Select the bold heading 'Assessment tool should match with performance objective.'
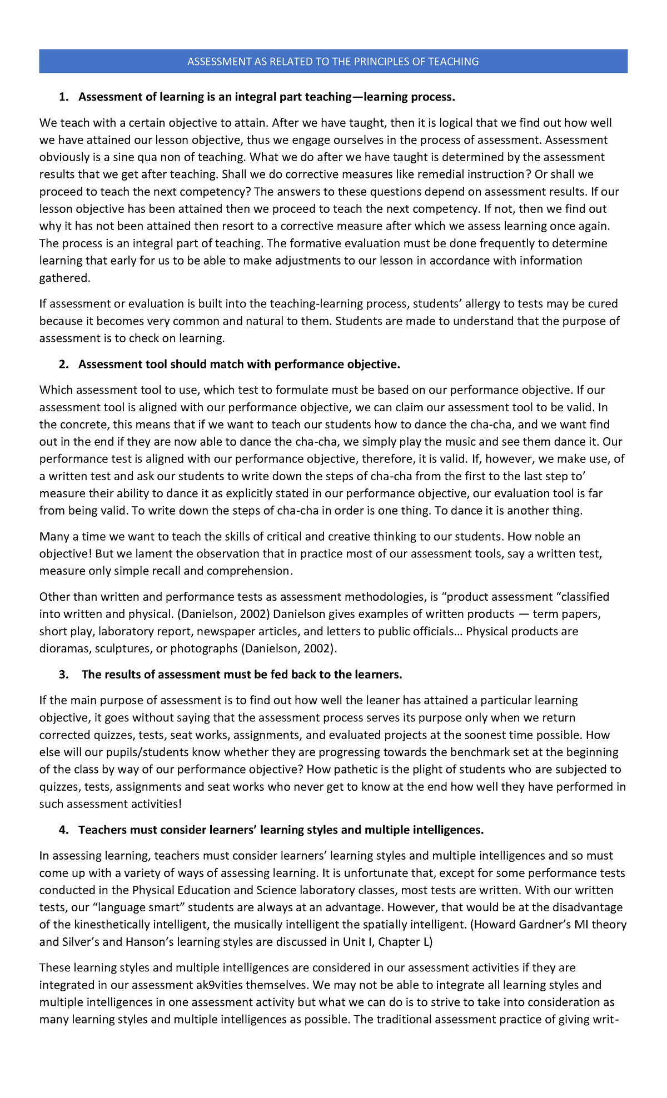(x=239, y=364)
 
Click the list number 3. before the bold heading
(x=64, y=674)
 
